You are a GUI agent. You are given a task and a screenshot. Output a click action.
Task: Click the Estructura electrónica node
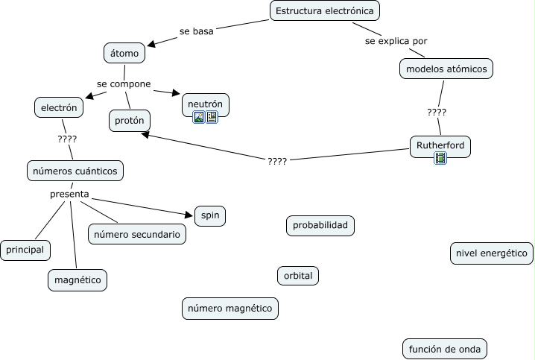tap(324, 10)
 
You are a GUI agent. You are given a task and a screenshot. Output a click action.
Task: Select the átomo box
tap(124, 53)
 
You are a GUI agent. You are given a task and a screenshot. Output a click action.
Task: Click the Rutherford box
tap(440, 145)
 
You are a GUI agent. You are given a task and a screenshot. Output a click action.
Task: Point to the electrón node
tap(59, 107)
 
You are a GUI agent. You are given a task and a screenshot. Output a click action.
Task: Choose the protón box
tap(130, 120)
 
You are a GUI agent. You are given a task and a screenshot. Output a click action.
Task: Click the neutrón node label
tap(205, 104)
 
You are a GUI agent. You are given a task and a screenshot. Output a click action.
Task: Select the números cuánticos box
tap(75, 170)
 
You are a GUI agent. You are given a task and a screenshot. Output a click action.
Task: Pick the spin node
tap(209, 216)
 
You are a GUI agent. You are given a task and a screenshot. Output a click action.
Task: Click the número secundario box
tap(136, 234)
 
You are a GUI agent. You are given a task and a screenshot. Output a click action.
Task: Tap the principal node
tap(25, 250)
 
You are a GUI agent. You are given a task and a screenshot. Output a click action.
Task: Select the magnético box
tap(77, 280)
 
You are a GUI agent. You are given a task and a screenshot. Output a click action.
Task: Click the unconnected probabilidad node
tap(320, 225)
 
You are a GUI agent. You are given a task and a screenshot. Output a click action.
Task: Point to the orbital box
tap(298, 275)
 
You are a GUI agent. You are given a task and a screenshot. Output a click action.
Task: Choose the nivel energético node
tap(492, 253)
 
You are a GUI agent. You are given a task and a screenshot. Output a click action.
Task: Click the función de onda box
tap(446, 348)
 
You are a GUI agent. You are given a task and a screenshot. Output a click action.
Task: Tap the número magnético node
tap(230, 308)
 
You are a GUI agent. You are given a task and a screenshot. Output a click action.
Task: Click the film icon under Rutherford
tap(440, 158)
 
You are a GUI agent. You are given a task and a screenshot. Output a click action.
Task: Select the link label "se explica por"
tap(396, 41)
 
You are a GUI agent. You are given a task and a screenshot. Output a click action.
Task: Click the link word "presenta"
tap(69, 195)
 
